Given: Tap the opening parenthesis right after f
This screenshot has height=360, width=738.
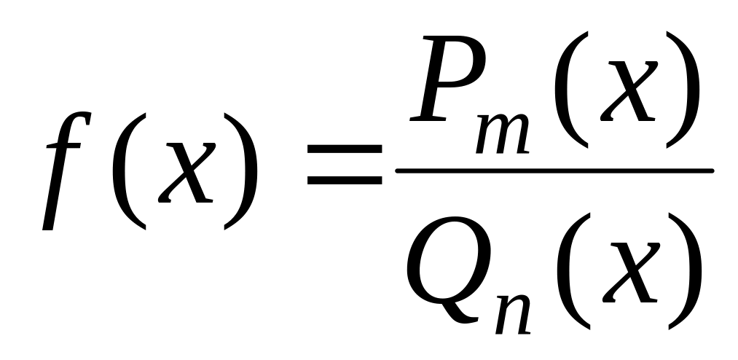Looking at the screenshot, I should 127,171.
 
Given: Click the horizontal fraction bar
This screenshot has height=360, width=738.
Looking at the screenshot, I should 554,171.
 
